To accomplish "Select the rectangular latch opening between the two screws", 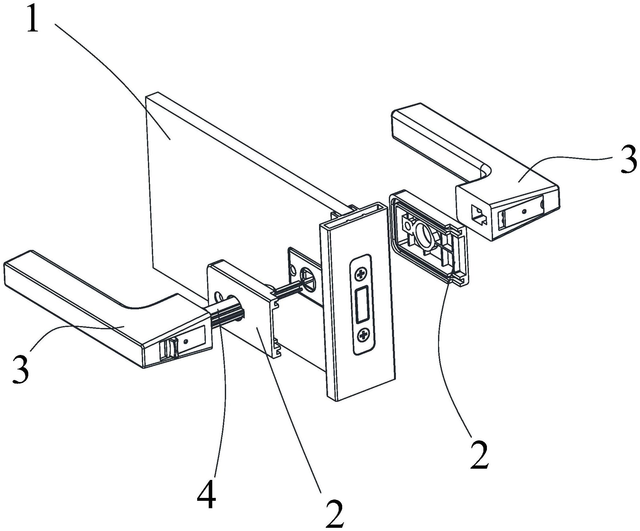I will point(362,305).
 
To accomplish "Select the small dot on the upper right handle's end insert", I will point(525,211).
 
